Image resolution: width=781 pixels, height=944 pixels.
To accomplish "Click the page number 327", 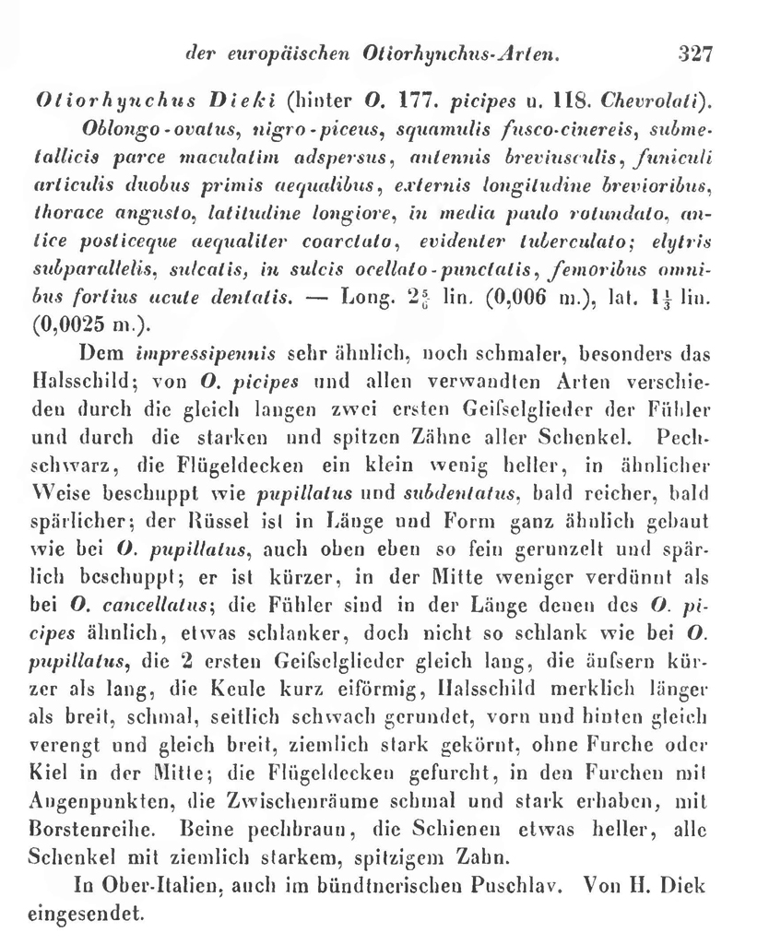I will point(695,53).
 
